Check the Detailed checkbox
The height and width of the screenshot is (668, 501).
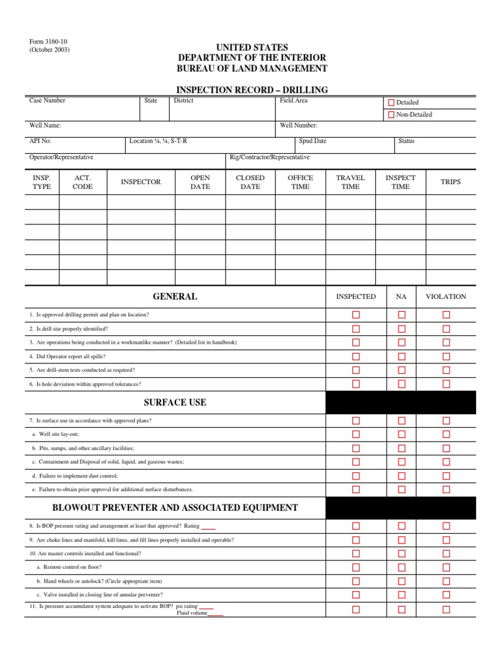pyautogui.click(x=391, y=102)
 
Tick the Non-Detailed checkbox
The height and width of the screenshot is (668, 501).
pyautogui.click(x=391, y=115)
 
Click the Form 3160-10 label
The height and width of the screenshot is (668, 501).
pyautogui.click(x=48, y=42)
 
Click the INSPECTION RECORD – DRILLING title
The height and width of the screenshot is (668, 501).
pyautogui.click(x=252, y=90)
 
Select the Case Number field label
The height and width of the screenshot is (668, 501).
pyautogui.click(x=48, y=100)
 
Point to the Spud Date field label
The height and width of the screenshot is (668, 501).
pyautogui.click(x=312, y=141)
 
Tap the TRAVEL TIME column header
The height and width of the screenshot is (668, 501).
pyautogui.click(x=350, y=182)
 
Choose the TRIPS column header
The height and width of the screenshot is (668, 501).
pyautogui.click(x=450, y=182)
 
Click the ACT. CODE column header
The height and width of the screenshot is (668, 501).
pyautogui.click(x=83, y=182)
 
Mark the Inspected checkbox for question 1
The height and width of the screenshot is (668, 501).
pyautogui.click(x=356, y=314)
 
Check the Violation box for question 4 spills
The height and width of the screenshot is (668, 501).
pyautogui.click(x=446, y=356)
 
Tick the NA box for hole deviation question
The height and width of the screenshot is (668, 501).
pyautogui.click(x=402, y=384)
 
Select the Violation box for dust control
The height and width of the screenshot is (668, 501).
pyautogui.click(x=446, y=476)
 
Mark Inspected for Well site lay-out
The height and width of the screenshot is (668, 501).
pyautogui.click(x=356, y=434)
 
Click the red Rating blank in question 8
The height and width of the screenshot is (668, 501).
pyautogui.click(x=208, y=527)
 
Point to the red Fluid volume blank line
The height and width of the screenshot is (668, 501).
pyautogui.click(x=215, y=614)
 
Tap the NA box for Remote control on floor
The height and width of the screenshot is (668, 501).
pyautogui.click(x=402, y=568)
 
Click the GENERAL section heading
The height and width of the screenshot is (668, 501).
pyautogui.click(x=175, y=297)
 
